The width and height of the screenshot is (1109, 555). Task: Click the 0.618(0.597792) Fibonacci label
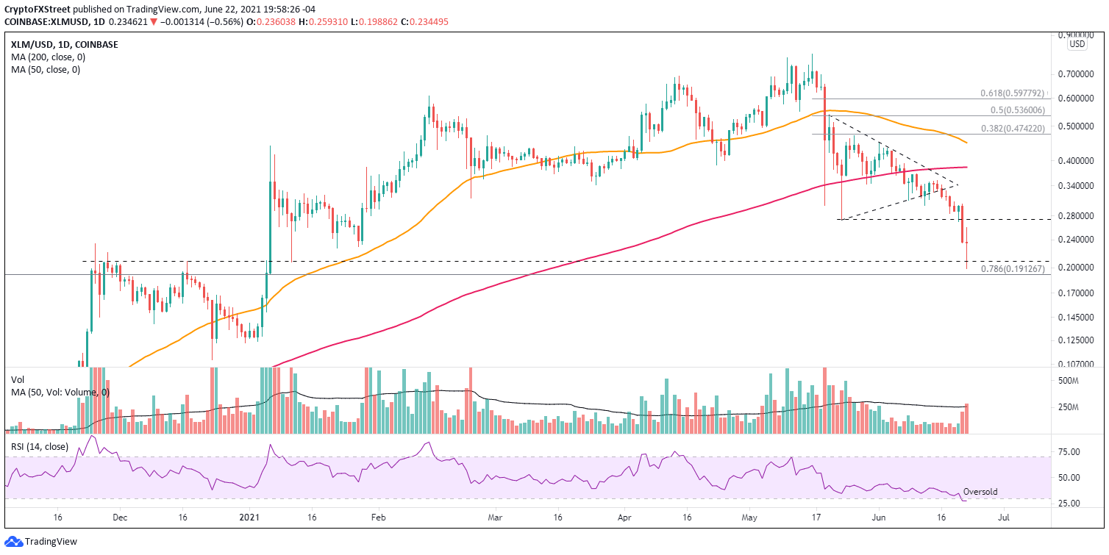click(1012, 93)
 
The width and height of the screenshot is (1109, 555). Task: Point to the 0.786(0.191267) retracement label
click(1012, 269)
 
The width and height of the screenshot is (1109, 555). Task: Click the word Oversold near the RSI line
click(980, 492)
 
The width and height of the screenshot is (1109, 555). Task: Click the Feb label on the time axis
click(377, 518)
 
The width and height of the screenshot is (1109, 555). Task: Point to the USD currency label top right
click(1077, 44)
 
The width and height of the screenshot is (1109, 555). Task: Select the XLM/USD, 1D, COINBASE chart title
click(64, 44)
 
